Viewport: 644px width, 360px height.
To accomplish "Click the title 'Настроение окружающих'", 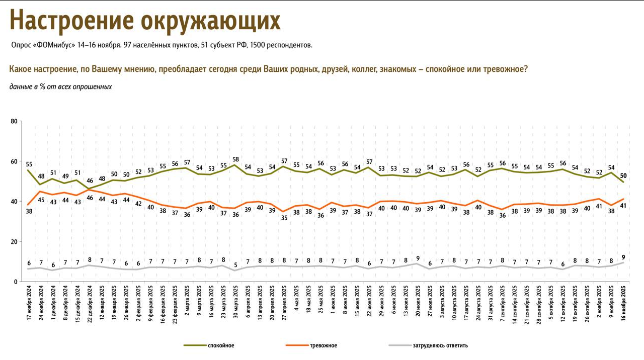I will click(145, 21).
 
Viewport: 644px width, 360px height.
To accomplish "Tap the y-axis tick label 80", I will click(14, 121).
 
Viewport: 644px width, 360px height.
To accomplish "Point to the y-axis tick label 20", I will click(14, 242).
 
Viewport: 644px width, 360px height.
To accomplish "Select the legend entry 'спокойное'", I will click(221, 345).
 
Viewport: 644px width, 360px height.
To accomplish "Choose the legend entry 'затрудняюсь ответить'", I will click(440, 345).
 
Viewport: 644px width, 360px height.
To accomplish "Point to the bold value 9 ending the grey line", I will click(624, 256).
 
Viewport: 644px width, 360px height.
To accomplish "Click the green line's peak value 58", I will click(235, 159).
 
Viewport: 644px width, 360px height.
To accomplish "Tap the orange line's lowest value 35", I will click(284, 218).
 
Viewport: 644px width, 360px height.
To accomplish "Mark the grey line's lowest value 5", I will click(235, 265).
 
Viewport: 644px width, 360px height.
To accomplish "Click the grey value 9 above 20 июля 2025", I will click(418, 258).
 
